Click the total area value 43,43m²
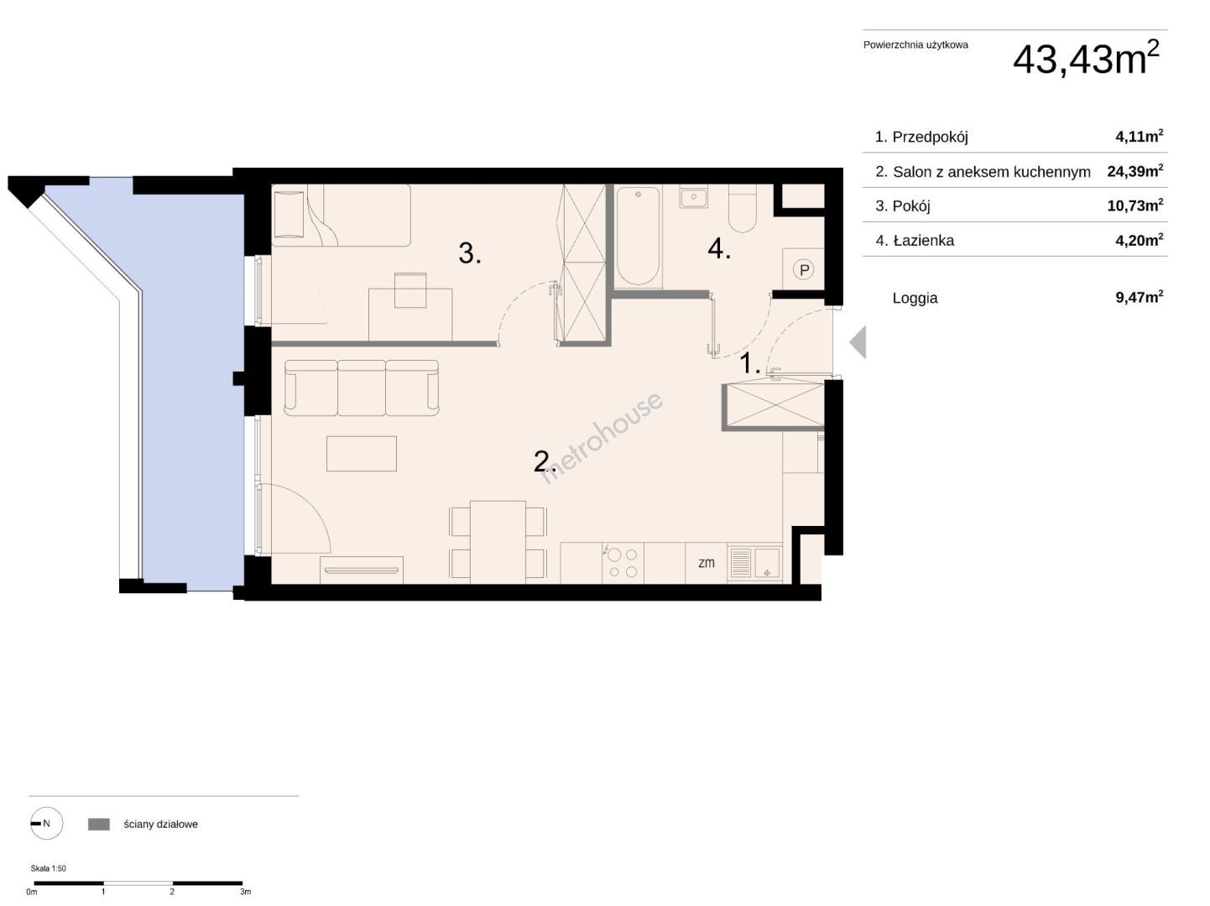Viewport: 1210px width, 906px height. (1086, 58)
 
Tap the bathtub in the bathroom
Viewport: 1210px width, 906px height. (638, 236)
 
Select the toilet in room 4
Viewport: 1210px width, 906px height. (742, 208)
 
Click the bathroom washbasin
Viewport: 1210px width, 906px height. (693, 196)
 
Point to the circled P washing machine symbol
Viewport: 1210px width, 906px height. (804, 270)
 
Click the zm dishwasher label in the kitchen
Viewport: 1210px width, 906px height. (707, 563)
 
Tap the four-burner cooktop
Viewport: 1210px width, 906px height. (623, 563)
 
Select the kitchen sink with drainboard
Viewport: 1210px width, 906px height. (754, 563)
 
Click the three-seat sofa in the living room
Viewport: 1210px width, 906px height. (362, 388)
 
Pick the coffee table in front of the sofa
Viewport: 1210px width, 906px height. (362, 454)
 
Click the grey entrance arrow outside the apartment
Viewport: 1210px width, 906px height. (858, 342)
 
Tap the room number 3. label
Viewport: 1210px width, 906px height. (470, 253)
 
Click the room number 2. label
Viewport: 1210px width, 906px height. (544, 461)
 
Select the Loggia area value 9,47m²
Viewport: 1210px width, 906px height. (1139, 297)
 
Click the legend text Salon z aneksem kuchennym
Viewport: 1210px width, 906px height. (991, 172)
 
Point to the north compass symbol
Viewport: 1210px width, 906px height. (46, 823)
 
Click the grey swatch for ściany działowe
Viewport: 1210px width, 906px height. (99, 824)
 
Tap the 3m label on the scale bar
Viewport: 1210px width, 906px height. (245, 892)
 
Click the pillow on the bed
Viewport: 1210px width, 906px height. (289, 215)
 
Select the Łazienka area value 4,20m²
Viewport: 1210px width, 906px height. (1139, 240)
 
